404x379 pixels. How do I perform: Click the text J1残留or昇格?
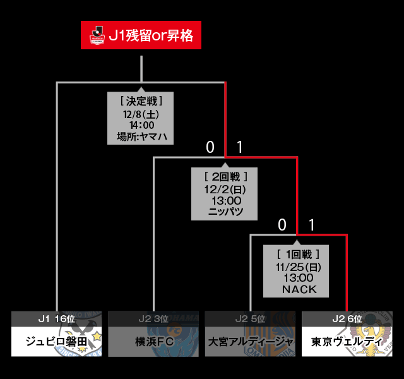(150, 35)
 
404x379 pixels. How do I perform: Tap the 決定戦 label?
(140, 100)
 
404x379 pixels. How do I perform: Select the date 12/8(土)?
(140, 114)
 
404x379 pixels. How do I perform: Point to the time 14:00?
(140, 125)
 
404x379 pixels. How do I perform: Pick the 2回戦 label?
(225, 176)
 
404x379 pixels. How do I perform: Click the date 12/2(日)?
(225, 189)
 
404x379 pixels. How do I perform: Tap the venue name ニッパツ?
(225, 212)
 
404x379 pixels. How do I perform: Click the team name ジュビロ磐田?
(56, 342)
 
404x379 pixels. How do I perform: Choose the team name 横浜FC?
(153, 342)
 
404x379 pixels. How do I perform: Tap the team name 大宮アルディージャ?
(250, 342)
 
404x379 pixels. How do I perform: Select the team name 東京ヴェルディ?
(347, 342)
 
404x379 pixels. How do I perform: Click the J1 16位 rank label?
(56, 320)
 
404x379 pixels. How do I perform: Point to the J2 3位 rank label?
(153, 320)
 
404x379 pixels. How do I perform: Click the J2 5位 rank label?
(250, 320)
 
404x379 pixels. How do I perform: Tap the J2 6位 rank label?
(347, 320)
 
